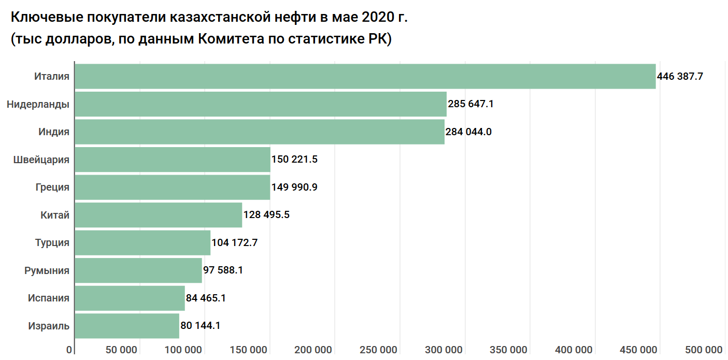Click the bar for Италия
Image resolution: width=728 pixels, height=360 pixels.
click(x=365, y=76)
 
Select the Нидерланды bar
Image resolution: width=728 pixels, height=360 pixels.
click(x=261, y=104)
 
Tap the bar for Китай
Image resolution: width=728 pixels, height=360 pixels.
click(x=159, y=215)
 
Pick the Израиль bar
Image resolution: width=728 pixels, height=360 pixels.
click(x=127, y=326)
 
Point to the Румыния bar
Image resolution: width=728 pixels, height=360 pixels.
click(x=138, y=270)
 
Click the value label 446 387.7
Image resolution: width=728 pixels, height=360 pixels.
click(x=680, y=76)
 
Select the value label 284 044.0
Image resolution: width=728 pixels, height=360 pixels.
click(x=468, y=132)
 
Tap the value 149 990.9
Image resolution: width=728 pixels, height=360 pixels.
click(x=294, y=187)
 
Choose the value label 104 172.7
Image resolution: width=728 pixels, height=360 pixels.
click(x=235, y=242)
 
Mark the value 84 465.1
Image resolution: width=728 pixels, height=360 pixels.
click(x=206, y=298)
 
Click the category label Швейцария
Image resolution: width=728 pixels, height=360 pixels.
click(x=41, y=160)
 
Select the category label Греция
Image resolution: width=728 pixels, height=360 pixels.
click(x=53, y=187)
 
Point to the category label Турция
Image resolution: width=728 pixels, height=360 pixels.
click(x=52, y=242)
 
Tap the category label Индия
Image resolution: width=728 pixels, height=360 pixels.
click(x=54, y=132)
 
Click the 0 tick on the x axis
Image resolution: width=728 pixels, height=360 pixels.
click(x=69, y=350)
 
